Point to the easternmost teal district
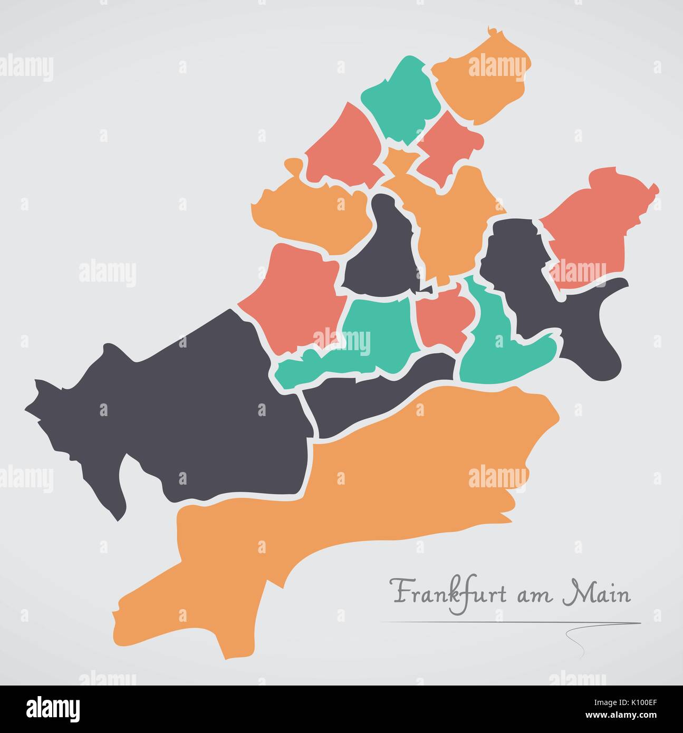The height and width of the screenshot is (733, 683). coord(501,348)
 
